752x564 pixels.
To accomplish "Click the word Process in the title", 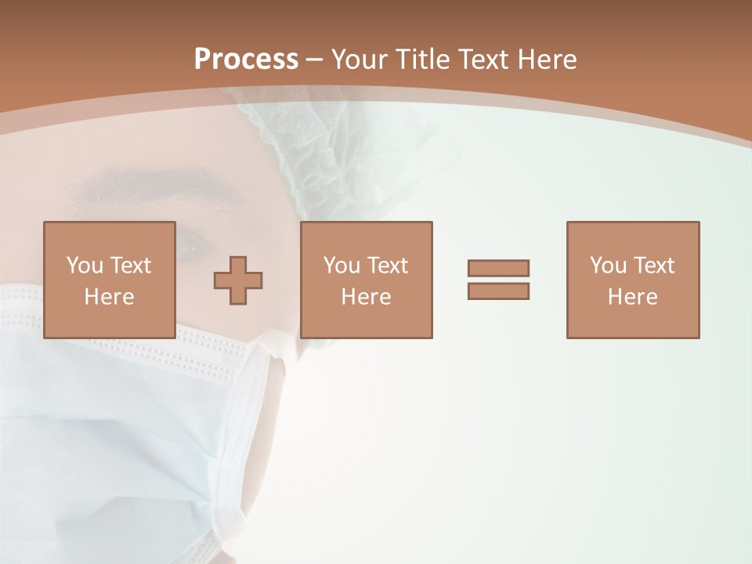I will (x=246, y=60).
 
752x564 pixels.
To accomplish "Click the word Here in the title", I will (x=548, y=60).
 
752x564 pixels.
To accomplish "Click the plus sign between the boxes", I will (x=238, y=280).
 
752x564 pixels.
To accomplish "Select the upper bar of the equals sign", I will (x=498, y=268).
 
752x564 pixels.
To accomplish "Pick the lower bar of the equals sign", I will (x=498, y=291).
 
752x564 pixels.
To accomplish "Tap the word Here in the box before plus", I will (x=109, y=297).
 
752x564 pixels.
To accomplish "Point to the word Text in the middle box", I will (x=388, y=266).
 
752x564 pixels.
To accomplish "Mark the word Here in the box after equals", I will (x=632, y=297).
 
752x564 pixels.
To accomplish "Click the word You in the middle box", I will (x=342, y=266).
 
